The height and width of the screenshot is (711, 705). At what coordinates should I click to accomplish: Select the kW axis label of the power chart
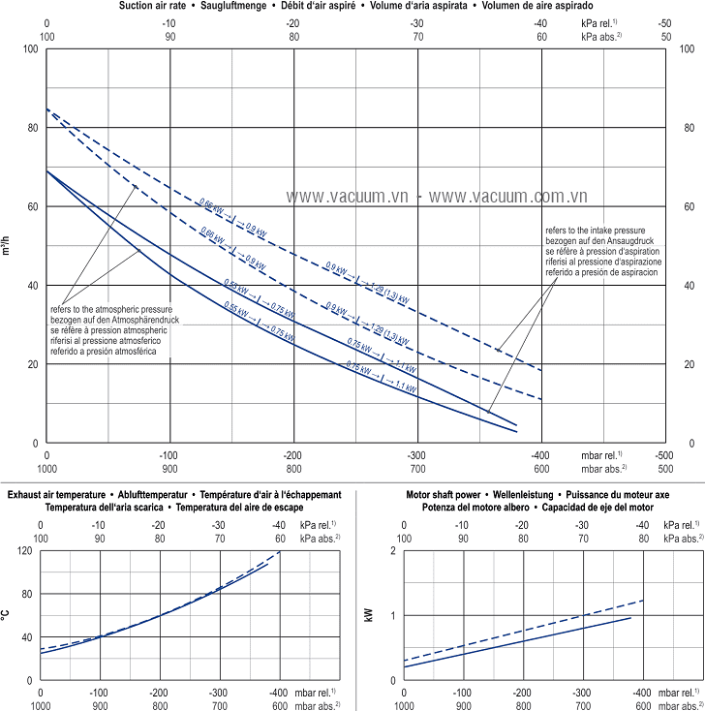click(x=369, y=614)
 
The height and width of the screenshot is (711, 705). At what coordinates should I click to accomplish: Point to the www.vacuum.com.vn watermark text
click(x=508, y=196)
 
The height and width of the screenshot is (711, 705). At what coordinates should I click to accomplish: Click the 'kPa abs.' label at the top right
click(x=599, y=36)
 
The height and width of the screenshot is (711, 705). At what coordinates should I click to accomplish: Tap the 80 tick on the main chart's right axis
click(x=690, y=127)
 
